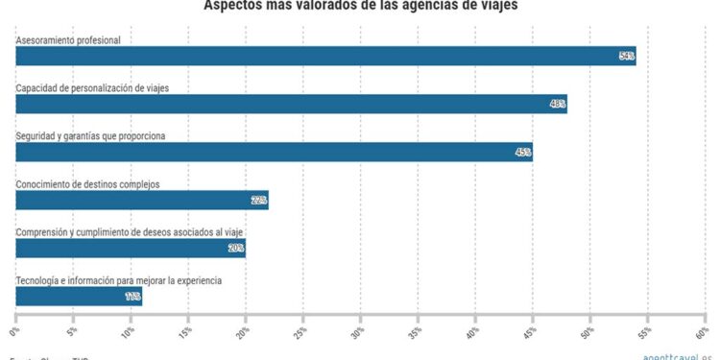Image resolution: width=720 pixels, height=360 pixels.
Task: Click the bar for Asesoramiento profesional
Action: point(325,57)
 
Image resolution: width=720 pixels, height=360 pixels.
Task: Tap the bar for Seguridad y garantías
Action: point(274,152)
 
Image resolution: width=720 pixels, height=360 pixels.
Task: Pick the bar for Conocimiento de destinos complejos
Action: point(142,200)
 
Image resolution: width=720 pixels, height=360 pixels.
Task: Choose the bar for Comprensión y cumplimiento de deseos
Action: point(131,248)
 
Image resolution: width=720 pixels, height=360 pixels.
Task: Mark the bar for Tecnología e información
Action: point(79,296)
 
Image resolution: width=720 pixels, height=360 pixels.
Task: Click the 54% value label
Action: point(627,57)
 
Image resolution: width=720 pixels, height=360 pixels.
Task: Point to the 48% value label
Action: point(558,105)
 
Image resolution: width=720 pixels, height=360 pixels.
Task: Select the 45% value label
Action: point(523,152)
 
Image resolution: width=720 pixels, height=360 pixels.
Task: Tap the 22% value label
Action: point(258,200)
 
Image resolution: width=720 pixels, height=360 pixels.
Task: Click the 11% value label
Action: point(132,296)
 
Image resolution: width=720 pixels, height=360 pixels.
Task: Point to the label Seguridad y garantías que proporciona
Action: point(91,135)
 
